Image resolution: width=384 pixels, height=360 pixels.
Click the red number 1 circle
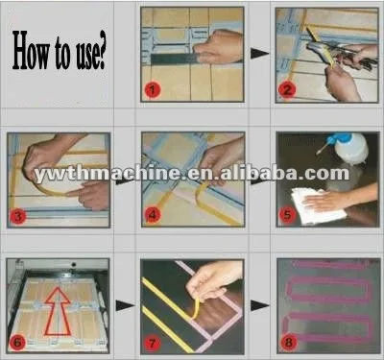(153, 90)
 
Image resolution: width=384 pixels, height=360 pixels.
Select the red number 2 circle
(286, 91)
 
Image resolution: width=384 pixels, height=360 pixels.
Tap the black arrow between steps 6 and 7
(125, 304)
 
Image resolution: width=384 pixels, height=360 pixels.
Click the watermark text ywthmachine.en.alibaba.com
(192, 174)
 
